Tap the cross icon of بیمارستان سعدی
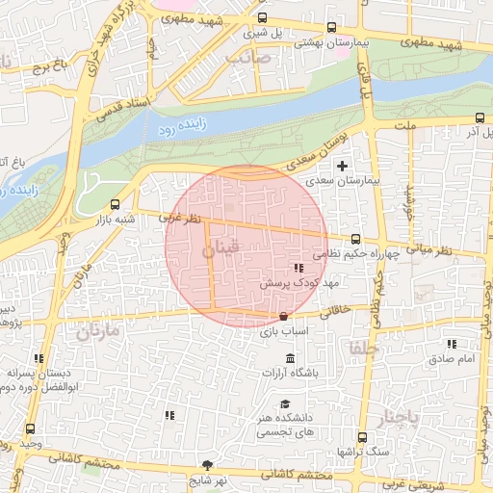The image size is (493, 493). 342,166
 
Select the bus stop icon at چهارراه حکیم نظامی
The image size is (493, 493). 355,239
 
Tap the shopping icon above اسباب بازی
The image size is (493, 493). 283,317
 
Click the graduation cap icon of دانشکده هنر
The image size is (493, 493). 284,404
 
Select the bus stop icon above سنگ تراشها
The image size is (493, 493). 362,436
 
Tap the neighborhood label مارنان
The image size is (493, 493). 96,333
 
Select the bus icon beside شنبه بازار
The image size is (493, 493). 116,204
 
